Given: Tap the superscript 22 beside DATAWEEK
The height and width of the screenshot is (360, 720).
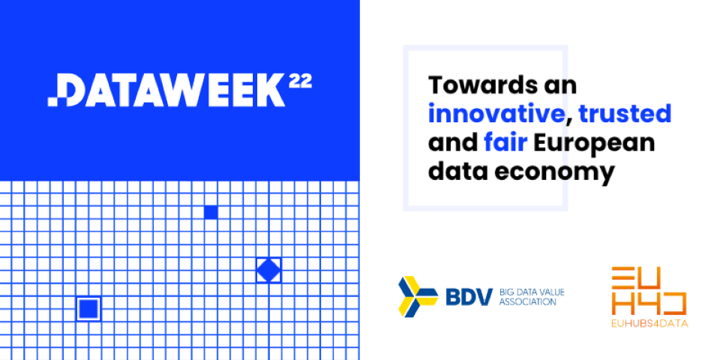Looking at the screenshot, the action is click(x=300, y=81).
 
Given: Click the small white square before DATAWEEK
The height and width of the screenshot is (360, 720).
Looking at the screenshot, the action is click(x=52, y=102).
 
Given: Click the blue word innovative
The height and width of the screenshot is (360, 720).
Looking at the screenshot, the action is click(x=496, y=114).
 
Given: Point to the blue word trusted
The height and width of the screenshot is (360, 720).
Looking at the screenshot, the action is click(x=625, y=114).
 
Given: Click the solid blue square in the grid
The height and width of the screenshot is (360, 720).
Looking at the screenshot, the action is click(x=211, y=212).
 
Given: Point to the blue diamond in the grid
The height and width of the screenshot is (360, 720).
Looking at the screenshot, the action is click(x=268, y=270).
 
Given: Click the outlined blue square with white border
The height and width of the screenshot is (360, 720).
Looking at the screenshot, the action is click(x=88, y=308).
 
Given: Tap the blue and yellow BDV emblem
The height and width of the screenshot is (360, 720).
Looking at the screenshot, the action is click(x=418, y=296).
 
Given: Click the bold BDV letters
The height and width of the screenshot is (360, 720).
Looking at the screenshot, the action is click(x=469, y=297).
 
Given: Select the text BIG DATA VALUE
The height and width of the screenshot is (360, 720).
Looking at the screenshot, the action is click(x=531, y=292).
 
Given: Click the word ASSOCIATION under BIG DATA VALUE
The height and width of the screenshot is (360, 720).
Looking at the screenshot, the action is click(x=527, y=302).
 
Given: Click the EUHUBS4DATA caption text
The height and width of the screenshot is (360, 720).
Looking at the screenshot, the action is click(x=649, y=324).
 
